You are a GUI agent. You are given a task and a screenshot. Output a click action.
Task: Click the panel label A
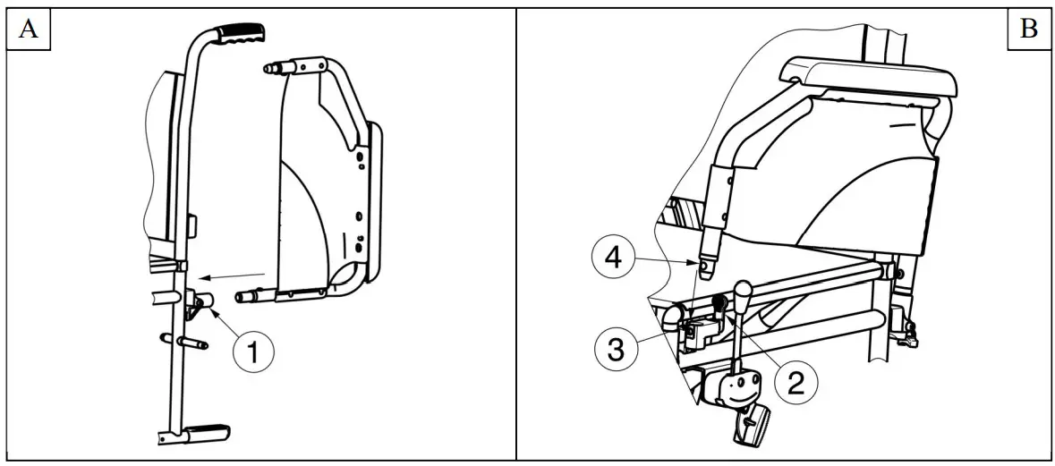click(29, 30)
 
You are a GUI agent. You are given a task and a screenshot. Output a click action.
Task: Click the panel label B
click(1028, 30)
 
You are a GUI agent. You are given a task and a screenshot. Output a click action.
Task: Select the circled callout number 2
click(794, 383)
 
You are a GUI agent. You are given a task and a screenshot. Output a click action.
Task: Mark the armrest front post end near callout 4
click(710, 266)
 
